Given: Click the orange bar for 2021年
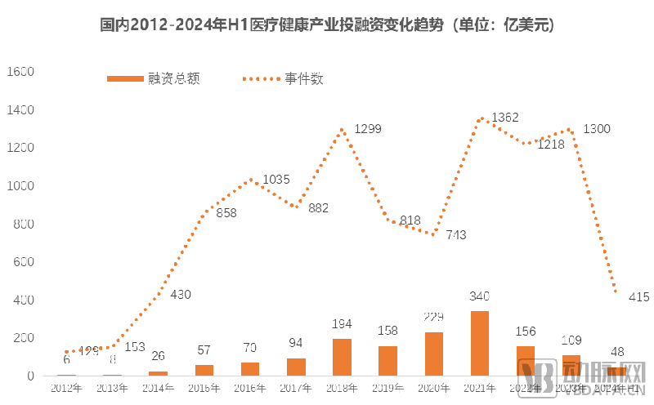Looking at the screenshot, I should click(480, 344).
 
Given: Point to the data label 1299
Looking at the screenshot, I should click(367, 129).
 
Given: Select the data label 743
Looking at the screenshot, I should click(455, 235).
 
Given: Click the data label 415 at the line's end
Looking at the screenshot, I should click(638, 297).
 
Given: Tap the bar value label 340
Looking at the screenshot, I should click(480, 296).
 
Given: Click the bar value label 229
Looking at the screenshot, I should click(434, 317).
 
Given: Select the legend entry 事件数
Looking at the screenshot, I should click(304, 79).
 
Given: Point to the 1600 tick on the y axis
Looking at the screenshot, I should click(19, 72).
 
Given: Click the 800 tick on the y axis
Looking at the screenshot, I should click(22, 224).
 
